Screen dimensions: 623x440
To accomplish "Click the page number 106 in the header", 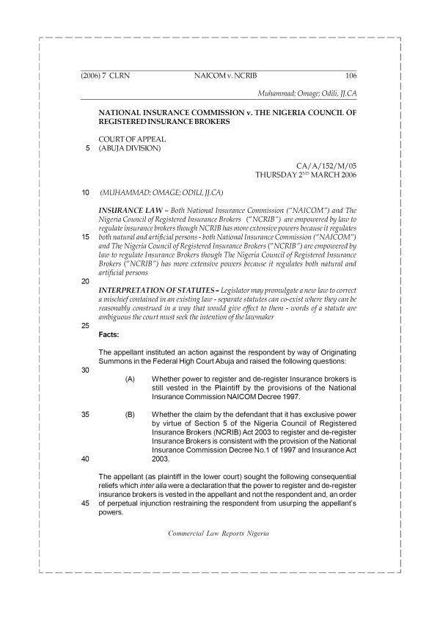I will (350, 76).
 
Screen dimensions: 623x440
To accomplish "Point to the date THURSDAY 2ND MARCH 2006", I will (306, 176).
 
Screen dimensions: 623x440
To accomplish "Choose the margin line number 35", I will (86, 415).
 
